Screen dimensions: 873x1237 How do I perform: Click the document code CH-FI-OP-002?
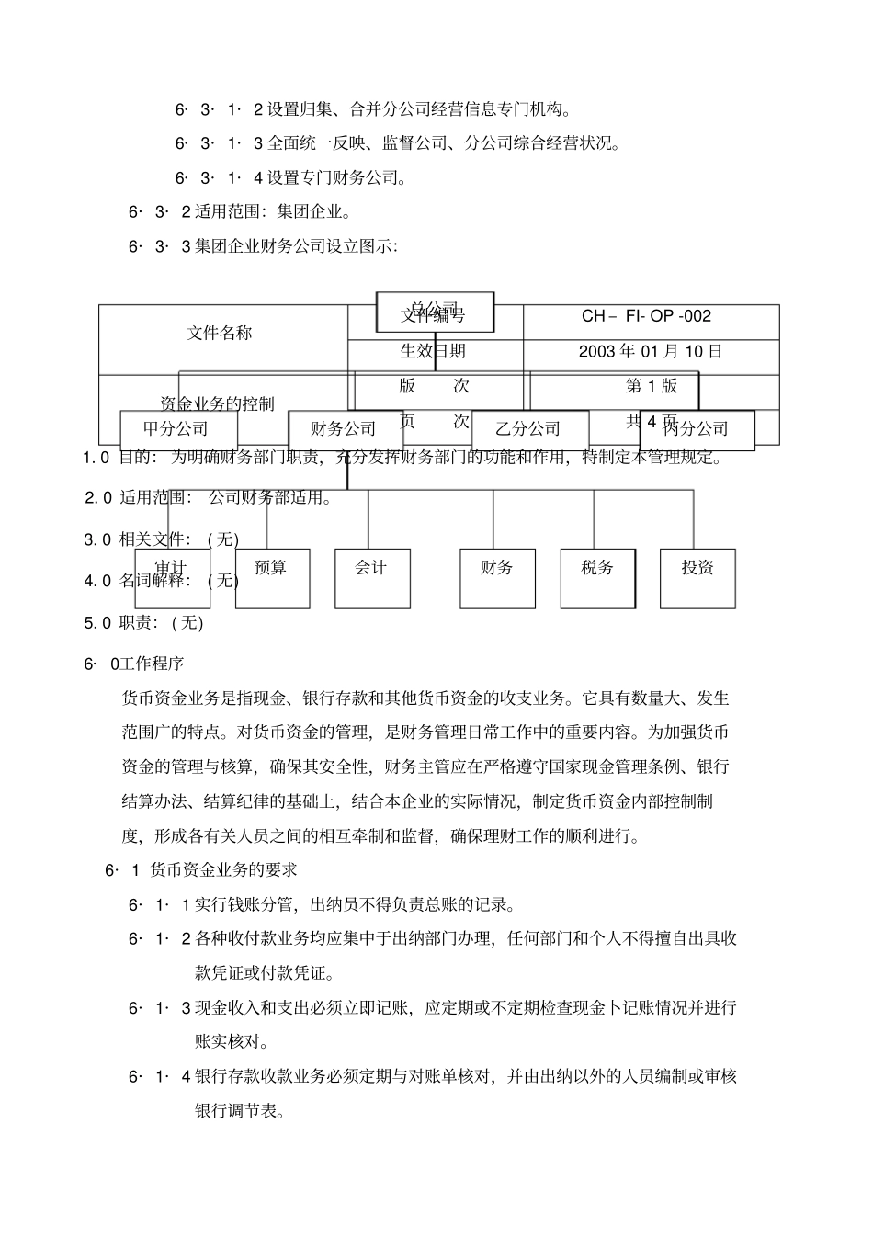point(646,316)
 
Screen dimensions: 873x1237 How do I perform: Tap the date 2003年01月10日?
point(651,351)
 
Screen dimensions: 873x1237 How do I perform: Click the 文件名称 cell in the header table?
point(220,333)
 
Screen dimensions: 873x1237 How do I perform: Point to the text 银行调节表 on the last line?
point(234,1110)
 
